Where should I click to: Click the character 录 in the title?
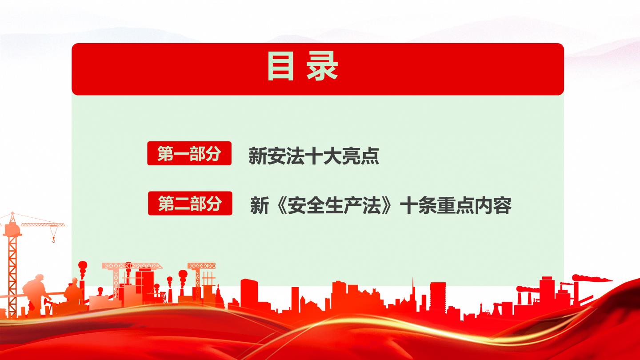(x=322, y=66)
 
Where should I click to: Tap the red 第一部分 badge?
(x=189, y=153)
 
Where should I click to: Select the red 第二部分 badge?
(x=190, y=203)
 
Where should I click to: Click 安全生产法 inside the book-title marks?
(x=335, y=205)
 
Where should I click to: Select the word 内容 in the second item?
(x=493, y=205)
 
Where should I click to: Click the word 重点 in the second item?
(x=456, y=205)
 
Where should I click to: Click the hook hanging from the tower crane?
(x=53, y=239)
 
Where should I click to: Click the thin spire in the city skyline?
(x=412, y=288)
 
